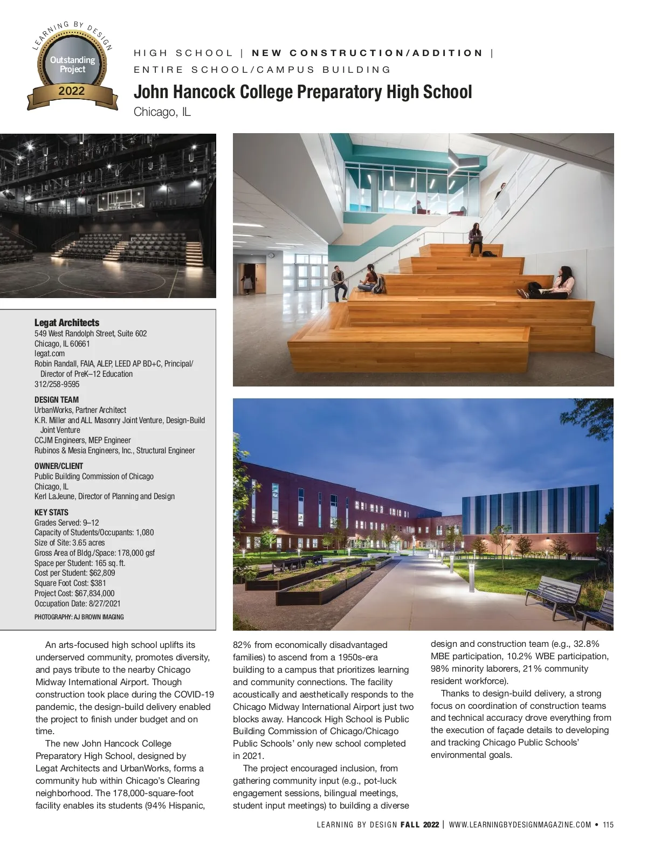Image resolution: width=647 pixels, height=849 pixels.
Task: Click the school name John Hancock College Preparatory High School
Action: pos(302,92)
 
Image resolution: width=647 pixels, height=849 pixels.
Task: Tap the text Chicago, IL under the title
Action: pos(162,112)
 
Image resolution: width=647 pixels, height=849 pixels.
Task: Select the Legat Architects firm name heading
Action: pos(67,322)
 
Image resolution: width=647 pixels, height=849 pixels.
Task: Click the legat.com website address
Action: pos(50,354)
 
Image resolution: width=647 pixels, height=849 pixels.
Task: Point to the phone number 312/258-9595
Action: pos(57,384)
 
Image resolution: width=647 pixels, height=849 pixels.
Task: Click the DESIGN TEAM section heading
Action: pos(57,400)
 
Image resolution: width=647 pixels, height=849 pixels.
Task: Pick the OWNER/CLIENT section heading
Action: pos(59,466)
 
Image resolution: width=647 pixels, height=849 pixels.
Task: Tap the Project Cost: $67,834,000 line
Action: pos(74,593)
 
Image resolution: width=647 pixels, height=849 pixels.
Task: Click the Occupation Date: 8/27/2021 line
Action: pos(78,604)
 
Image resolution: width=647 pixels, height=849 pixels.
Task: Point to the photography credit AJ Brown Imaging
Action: pos(79,617)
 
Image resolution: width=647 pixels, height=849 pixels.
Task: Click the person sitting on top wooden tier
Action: pos(476,239)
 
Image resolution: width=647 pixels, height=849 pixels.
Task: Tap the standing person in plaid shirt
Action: pos(339,282)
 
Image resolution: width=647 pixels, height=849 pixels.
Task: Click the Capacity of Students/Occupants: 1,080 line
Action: pos(94,533)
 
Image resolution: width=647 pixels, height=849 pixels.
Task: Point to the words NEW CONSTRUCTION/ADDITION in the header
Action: pos(368,53)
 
